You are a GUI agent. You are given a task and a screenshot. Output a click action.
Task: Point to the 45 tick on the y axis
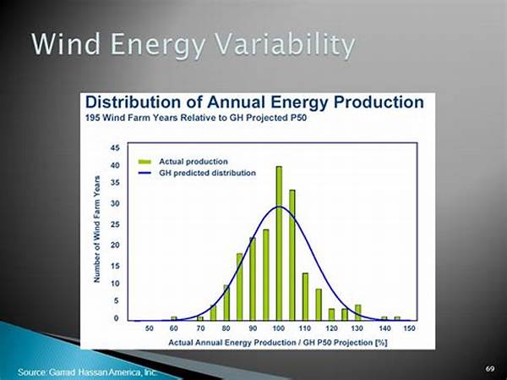tap(115, 147)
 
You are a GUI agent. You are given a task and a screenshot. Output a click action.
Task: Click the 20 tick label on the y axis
tap(115, 245)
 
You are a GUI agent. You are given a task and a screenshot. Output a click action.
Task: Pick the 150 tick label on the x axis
tap(410, 327)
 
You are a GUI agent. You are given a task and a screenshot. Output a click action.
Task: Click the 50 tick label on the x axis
tap(149, 327)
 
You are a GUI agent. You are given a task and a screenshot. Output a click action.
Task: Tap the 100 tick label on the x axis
tap(279, 327)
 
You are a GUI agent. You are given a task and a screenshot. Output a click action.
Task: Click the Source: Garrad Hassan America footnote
tap(87, 372)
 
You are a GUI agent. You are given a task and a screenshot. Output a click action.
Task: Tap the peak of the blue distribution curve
tap(279, 207)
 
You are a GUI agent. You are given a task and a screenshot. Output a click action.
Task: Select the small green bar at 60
tap(174, 319)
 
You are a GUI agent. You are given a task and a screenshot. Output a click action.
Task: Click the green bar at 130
tap(358, 312)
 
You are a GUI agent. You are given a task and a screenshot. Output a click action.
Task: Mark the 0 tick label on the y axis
tap(117, 318)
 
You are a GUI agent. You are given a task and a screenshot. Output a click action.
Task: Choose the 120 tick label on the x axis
tap(332, 327)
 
